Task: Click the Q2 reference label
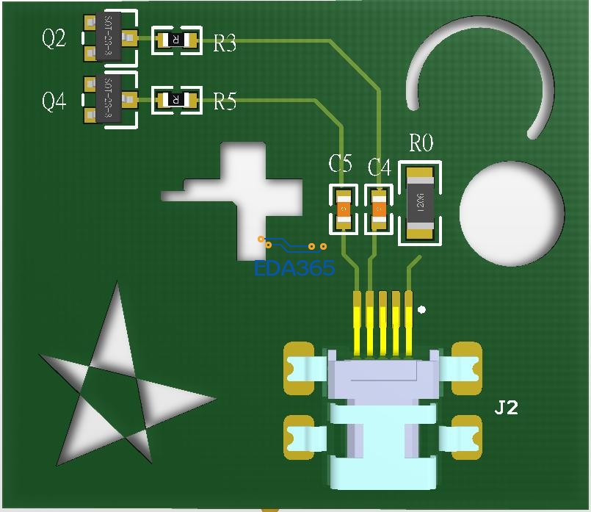[54, 38]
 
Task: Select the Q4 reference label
[54, 101]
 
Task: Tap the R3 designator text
[225, 44]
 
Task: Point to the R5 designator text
[225, 101]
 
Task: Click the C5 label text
[340, 164]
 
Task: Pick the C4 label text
[379, 167]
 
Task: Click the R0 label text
[421, 143]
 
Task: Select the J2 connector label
[506, 408]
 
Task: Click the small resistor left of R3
[176, 40]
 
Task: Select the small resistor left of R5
[176, 99]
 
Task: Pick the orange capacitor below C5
[343, 209]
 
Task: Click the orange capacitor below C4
[379, 209]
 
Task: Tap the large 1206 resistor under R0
[421, 203]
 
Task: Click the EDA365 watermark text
[294, 267]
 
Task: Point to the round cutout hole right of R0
[512, 213]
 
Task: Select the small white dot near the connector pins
[421, 310]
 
